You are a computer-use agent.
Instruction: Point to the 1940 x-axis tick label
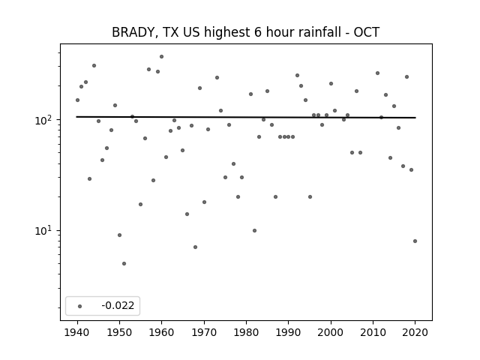pyautogui.click(x=77, y=332)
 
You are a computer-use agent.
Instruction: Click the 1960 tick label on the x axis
pyautogui.click(x=162, y=332)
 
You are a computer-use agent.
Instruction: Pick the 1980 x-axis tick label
pyautogui.click(x=246, y=332)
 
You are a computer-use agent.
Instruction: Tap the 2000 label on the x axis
pyautogui.click(x=331, y=332)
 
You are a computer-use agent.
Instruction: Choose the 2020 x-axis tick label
pyautogui.click(x=415, y=332)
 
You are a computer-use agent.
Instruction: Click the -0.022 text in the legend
pyautogui.click(x=118, y=305)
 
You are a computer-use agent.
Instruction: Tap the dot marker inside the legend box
pyautogui.click(x=80, y=306)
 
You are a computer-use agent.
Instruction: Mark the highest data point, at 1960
pyautogui.click(x=162, y=57)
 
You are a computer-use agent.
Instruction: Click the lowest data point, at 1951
pyautogui.click(x=124, y=263)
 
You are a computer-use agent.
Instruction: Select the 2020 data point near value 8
pyautogui.click(x=415, y=241)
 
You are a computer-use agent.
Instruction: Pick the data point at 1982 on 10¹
pyautogui.click(x=255, y=230)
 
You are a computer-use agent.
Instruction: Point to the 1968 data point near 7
pyautogui.click(x=195, y=247)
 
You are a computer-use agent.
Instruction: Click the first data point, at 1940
pyautogui.click(x=77, y=100)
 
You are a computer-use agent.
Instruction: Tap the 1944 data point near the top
pyautogui.click(x=94, y=65)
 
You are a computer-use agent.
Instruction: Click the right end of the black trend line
pyautogui.click(x=415, y=118)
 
